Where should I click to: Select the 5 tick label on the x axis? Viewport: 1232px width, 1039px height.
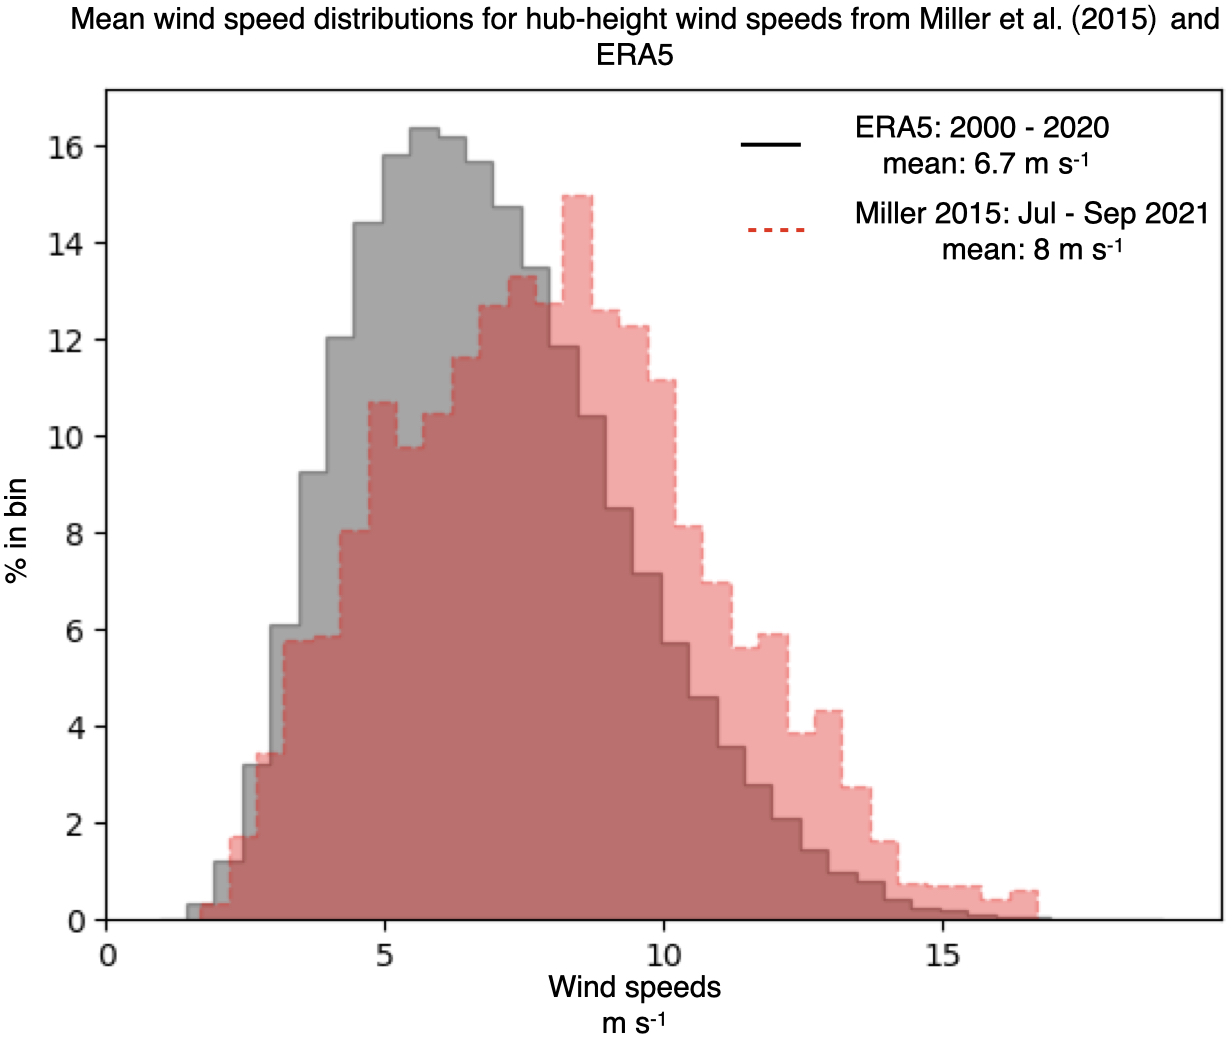point(385,956)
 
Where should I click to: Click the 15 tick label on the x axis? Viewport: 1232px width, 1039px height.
point(942,956)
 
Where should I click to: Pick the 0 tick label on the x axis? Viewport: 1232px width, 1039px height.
point(107,956)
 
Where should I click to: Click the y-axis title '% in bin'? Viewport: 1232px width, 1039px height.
point(17,531)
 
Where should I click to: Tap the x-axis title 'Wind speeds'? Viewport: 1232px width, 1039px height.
point(634,988)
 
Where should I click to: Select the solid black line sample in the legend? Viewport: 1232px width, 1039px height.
point(770,145)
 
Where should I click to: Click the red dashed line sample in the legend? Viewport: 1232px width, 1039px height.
point(775,230)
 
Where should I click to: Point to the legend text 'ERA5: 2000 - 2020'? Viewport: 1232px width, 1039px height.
point(981,128)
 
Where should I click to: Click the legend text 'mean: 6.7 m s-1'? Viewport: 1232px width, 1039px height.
point(985,162)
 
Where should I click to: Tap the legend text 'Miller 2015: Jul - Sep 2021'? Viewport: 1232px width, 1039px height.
point(1032,213)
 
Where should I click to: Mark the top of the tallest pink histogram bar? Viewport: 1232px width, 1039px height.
point(577,196)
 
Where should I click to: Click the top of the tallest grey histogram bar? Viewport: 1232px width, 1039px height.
point(425,129)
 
